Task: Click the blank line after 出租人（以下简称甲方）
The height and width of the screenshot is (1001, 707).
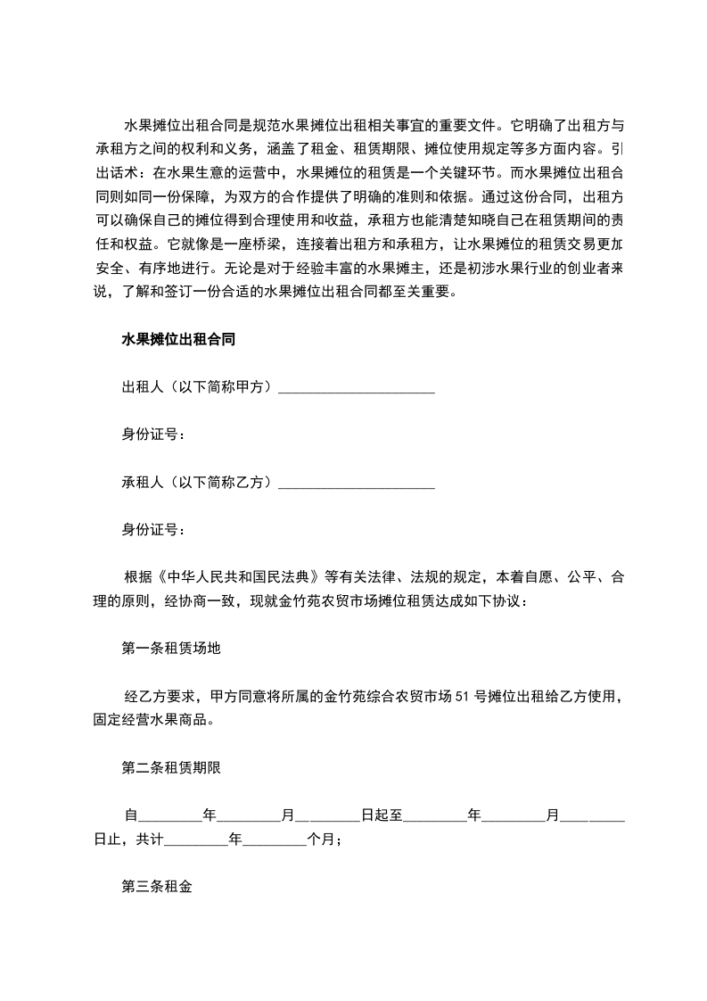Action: [357, 387]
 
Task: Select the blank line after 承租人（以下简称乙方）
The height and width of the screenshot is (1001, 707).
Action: [357, 483]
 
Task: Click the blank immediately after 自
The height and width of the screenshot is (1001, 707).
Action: [172, 815]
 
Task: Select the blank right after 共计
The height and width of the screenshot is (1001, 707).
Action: [197, 840]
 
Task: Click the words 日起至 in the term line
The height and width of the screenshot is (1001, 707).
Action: [382, 815]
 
